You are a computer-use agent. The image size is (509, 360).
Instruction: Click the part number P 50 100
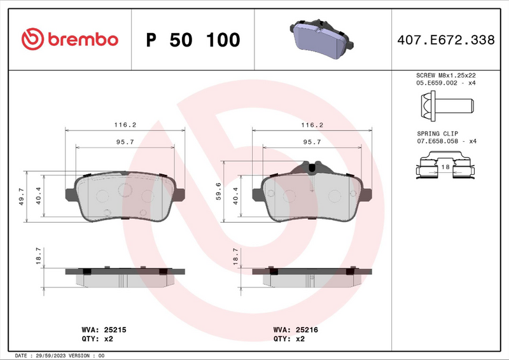tap(193, 40)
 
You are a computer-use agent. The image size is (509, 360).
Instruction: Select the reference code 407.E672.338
tap(445, 40)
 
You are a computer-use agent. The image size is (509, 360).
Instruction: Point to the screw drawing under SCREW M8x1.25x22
tap(445, 102)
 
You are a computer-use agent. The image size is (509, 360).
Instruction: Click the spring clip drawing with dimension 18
tap(445, 169)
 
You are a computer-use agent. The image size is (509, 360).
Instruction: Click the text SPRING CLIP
tap(433, 132)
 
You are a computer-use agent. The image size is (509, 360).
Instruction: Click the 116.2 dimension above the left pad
tap(125, 125)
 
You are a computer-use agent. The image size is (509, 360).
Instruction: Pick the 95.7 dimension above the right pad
tap(311, 142)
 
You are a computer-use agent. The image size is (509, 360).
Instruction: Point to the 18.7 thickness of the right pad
tap(235, 256)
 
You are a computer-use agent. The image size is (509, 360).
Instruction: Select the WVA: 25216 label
tap(295, 329)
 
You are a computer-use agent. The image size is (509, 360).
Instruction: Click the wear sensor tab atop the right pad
tap(312, 167)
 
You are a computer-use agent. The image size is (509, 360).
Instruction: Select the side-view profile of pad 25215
tap(125, 275)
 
